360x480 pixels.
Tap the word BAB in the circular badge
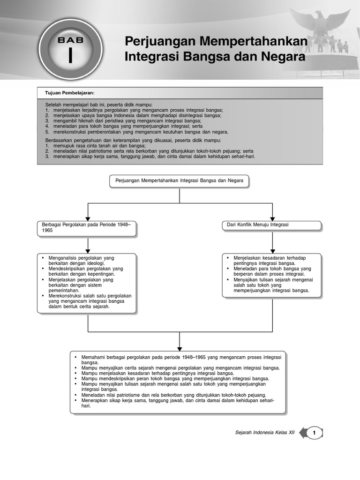pos(71,40)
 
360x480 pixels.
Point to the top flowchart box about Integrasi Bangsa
pos(180,181)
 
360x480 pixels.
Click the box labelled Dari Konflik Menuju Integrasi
pos(272,225)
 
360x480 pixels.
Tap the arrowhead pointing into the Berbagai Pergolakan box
pos(88,219)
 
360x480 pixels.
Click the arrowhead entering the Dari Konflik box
pos(272,218)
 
